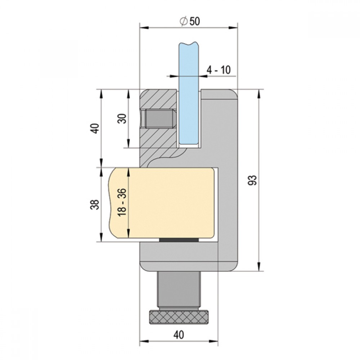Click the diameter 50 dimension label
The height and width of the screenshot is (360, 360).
pos(190,21)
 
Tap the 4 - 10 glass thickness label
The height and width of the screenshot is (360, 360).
pos(219,70)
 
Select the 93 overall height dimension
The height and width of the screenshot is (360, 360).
pos(252,180)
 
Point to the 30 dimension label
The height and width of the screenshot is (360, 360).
pos(123,118)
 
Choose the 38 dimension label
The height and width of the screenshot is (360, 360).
pos(95,204)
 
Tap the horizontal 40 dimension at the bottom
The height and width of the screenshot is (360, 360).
pos(179,335)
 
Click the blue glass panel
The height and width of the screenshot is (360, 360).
pos(189,94)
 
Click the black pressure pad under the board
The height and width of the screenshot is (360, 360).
pos(179,240)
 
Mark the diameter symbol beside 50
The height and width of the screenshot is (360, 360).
pos(184,21)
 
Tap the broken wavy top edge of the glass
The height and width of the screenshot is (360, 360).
pos(189,43)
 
